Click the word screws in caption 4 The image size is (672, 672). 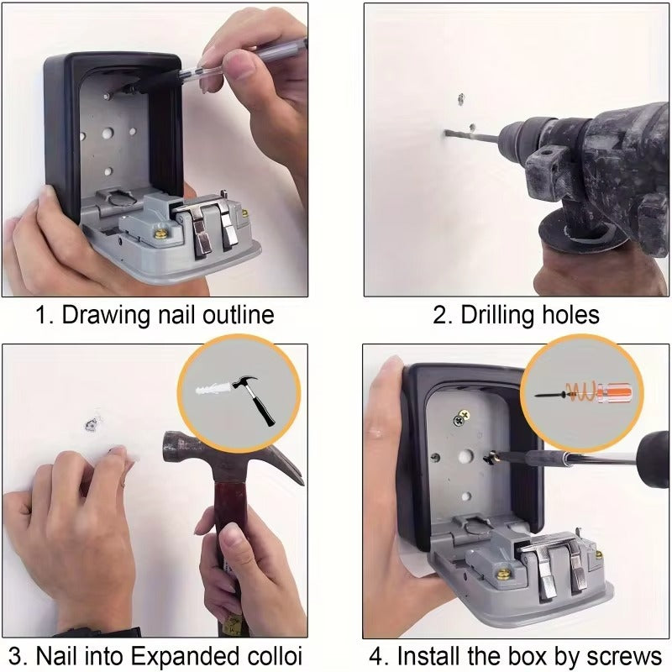(624, 655)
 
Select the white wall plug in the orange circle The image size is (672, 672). (211, 391)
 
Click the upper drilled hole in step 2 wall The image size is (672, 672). (460, 98)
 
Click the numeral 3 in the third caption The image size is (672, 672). (13, 655)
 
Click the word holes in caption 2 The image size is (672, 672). (570, 316)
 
